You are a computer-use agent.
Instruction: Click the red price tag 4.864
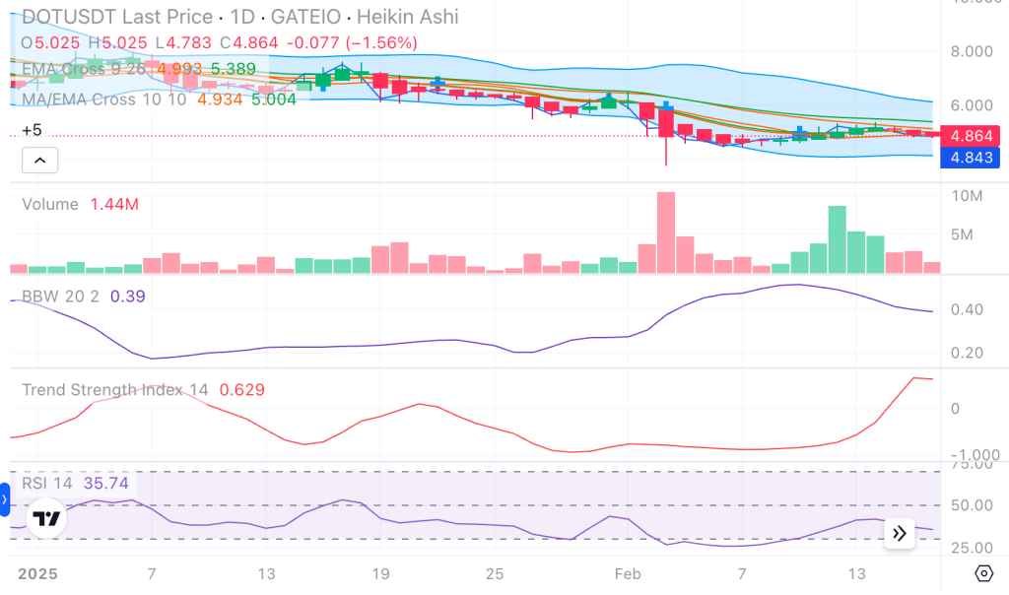pyautogui.click(x=970, y=137)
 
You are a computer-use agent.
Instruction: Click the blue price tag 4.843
pyautogui.click(x=970, y=158)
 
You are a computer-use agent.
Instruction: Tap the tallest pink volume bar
pyautogui.click(x=666, y=232)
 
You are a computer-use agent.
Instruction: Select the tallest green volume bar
pyautogui.click(x=838, y=239)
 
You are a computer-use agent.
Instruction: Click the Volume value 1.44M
pyautogui.click(x=114, y=205)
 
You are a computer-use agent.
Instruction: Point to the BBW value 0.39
pyautogui.click(x=128, y=297)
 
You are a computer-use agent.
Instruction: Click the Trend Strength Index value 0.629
pyautogui.click(x=241, y=390)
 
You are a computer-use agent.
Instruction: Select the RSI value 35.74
pyautogui.click(x=106, y=483)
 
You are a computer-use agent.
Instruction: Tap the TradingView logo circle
pyautogui.click(x=46, y=518)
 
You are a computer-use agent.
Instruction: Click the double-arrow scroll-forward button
pyautogui.click(x=900, y=533)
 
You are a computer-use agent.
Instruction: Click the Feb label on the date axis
pyautogui.click(x=627, y=574)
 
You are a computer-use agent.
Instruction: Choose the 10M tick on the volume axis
pyautogui.click(x=969, y=196)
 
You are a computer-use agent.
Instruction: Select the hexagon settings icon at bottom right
pyautogui.click(x=982, y=573)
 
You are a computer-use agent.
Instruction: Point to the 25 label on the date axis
pyautogui.click(x=495, y=574)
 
